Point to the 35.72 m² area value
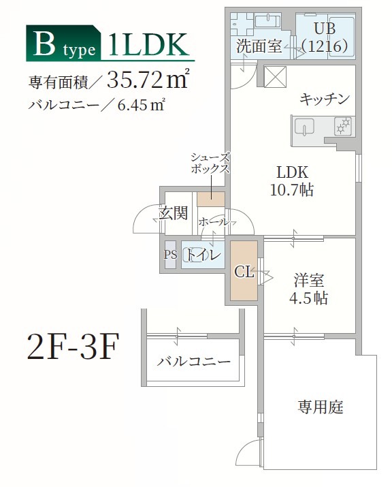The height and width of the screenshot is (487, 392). tap(147, 81)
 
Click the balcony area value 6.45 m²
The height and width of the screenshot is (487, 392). tap(142, 105)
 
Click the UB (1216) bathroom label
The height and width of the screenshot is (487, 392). tap(325, 37)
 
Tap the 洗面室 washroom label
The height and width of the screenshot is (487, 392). tap(259, 46)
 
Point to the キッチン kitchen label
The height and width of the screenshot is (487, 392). tap(324, 99)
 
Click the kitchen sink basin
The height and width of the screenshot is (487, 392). tap(304, 127)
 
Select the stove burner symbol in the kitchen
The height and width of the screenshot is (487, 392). tap(343, 125)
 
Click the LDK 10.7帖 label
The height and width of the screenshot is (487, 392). tap(294, 181)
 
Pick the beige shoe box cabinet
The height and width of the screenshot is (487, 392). tap(211, 199)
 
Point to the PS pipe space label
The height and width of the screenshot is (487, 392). tap(170, 255)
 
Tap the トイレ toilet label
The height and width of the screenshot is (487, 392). tap(203, 255)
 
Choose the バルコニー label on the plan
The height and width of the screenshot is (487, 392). tap(194, 362)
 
